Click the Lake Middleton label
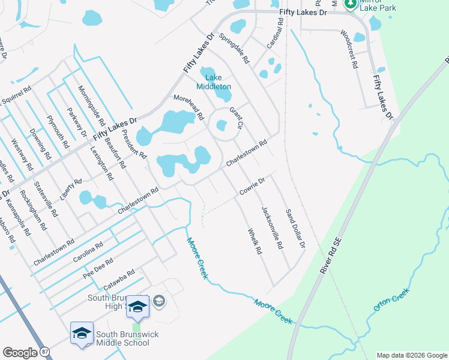click(217, 82)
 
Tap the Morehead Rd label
click(188, 106)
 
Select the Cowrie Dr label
click(252, 186)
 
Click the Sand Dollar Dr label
click(295, 229)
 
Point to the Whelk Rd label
click(255, 241)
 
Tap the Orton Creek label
click(391, 301)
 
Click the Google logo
click(20, 353)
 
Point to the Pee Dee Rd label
click(99, 270)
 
